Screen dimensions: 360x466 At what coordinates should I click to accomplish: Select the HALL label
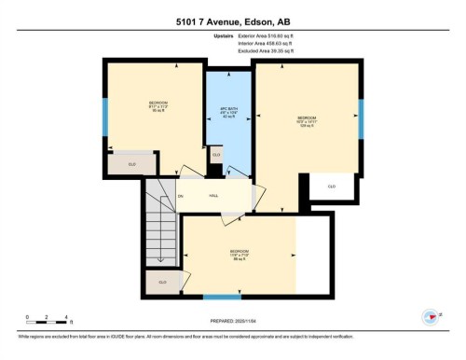click(x=212, y=195)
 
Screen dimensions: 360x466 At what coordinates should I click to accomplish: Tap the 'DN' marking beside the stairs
click(x=181, y=195)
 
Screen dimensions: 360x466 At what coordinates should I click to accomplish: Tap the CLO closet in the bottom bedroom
click(x=162, y=281)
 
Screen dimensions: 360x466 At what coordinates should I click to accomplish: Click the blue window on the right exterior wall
click(x=361, y=118)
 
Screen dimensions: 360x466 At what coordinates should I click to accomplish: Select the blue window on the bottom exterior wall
click(x=222, y=297)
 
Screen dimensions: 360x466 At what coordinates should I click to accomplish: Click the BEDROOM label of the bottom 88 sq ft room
click(x=239, y=252)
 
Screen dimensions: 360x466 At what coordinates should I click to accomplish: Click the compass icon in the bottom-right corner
click(x=430, y=316)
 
